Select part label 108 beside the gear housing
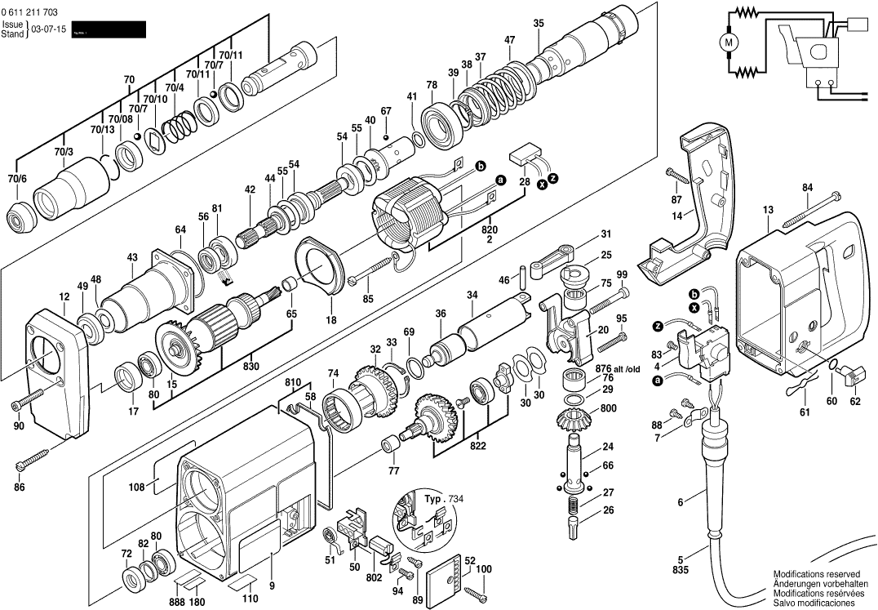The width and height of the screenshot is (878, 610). tap(136, 488)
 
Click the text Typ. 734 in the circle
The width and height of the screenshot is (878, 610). tap(443, 497)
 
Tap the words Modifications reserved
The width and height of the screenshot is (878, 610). tap(812, 574)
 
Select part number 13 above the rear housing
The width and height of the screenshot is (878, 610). tap(768, 210)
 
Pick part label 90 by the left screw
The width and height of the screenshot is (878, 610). tap(19, 425)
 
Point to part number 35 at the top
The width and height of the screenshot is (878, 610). tap(538, 23)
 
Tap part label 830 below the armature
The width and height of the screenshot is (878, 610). tap(251, 366)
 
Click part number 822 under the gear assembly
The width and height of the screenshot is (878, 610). tap(477, 446)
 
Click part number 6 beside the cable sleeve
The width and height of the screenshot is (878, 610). tap(679, 503)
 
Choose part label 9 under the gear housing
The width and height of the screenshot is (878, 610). tap(271, 585)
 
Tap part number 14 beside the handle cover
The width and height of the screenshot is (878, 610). tap(676, 216)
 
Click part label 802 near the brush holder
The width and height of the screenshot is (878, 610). tap(374, 577)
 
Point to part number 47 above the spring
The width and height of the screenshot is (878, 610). tap(509, 40)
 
